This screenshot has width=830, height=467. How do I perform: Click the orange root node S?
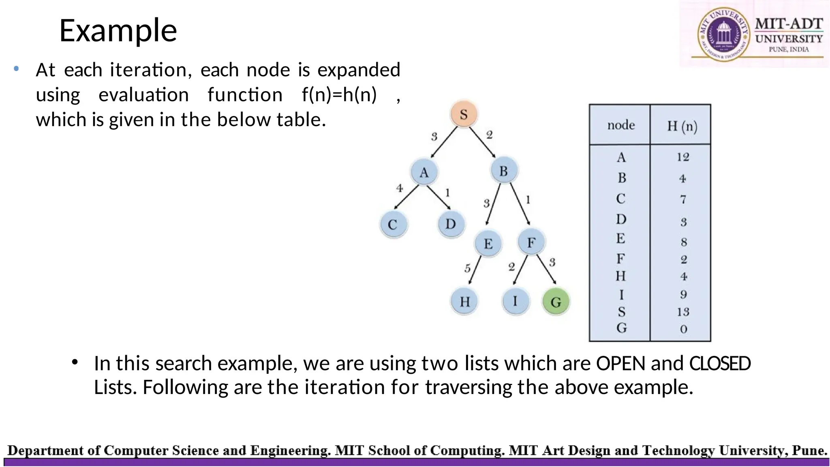pyautogui.click(x=464, y=114)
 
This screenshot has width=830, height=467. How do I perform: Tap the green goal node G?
pyautogui.click(x=556, y=302)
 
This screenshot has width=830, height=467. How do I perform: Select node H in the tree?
pyautogui.click(x=464, y=301)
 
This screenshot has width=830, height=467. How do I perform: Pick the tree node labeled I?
pyautogui.click(x=515, y=301)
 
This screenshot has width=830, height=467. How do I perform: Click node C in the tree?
pyautogui.click(x=393, y=224)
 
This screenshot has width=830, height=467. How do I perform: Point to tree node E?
pyautogui.click(x=488, y=244)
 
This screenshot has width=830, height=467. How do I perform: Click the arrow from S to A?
pyautogui.click(x=444, y=143)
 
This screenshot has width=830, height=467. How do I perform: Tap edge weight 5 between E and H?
pyautogui.click(x=467, y=268)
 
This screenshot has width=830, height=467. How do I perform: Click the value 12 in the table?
pyautogui.click(x=683, y=157)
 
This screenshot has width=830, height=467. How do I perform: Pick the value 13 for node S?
pyautogui.click(x=683, y=312)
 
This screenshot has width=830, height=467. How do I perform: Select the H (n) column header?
pyautogui.click(x=682, y=126)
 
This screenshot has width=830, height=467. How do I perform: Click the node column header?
pyautogui.click(x=621, y=125)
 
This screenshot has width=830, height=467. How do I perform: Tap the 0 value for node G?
pyautogui.click(x=683, y=329)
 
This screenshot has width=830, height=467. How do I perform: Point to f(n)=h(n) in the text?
pyautogui.click(x=339, y=95)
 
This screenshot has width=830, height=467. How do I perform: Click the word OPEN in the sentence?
pyautogui.click(x=620, y=363)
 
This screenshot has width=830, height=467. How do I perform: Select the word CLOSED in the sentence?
pyautogui.click(x=720, y=363)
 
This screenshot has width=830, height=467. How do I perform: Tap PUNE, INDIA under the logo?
pyautogui.click(x=789, y=49)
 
